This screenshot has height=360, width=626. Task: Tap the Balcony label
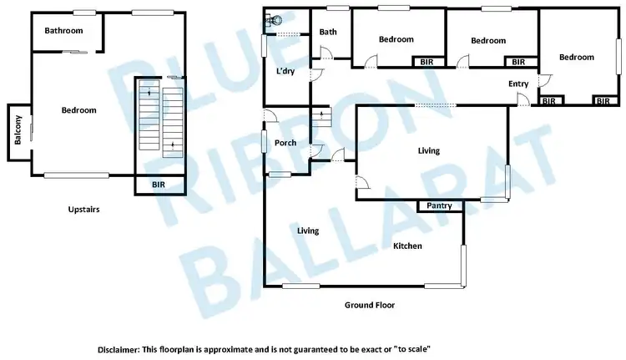click(18, 134)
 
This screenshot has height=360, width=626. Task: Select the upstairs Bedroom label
click(79, 110)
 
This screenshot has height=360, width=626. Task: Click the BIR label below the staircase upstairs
click(159, 185)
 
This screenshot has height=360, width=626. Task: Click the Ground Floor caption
click(370, 305)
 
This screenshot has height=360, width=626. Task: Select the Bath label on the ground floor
click(328, 33)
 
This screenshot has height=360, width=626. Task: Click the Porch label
click(286, 143)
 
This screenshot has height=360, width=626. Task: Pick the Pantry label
click(440, 205)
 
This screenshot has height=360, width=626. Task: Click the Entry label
click(519, 84)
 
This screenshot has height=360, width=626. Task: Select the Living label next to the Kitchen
click(309, 231)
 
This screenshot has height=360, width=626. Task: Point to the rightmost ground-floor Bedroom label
click(577, 58)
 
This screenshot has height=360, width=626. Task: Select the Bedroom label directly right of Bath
click(396, 39)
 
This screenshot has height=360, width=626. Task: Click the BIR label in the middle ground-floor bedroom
click(518, 62)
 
